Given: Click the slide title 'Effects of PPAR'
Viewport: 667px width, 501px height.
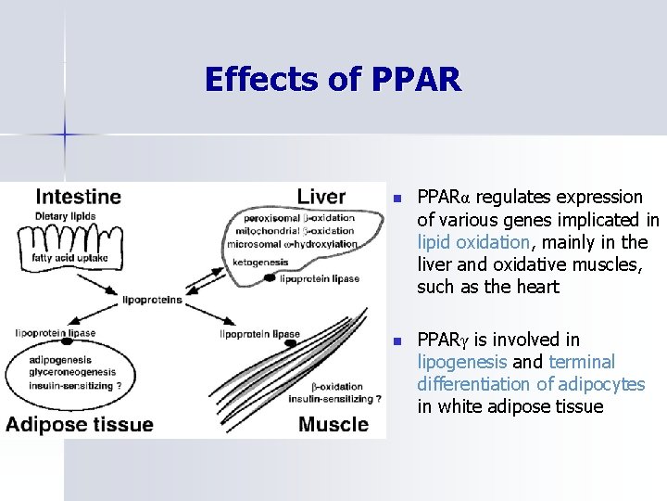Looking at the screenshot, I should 332,79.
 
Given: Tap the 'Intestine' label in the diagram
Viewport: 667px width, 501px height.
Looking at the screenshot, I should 78,196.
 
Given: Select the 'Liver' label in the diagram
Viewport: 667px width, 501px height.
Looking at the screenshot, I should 321,196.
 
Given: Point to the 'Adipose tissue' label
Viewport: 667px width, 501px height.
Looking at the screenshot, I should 80,425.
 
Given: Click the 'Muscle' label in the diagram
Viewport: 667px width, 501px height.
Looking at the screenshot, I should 333,425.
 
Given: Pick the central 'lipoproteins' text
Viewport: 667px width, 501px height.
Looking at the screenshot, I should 152,300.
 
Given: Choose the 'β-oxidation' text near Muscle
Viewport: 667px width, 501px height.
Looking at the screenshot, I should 336,387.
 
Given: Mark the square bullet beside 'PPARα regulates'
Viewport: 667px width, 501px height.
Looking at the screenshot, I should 397,199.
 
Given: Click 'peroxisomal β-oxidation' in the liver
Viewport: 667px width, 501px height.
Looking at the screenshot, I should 299,218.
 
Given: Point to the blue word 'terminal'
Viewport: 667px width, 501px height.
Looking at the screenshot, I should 582,362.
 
